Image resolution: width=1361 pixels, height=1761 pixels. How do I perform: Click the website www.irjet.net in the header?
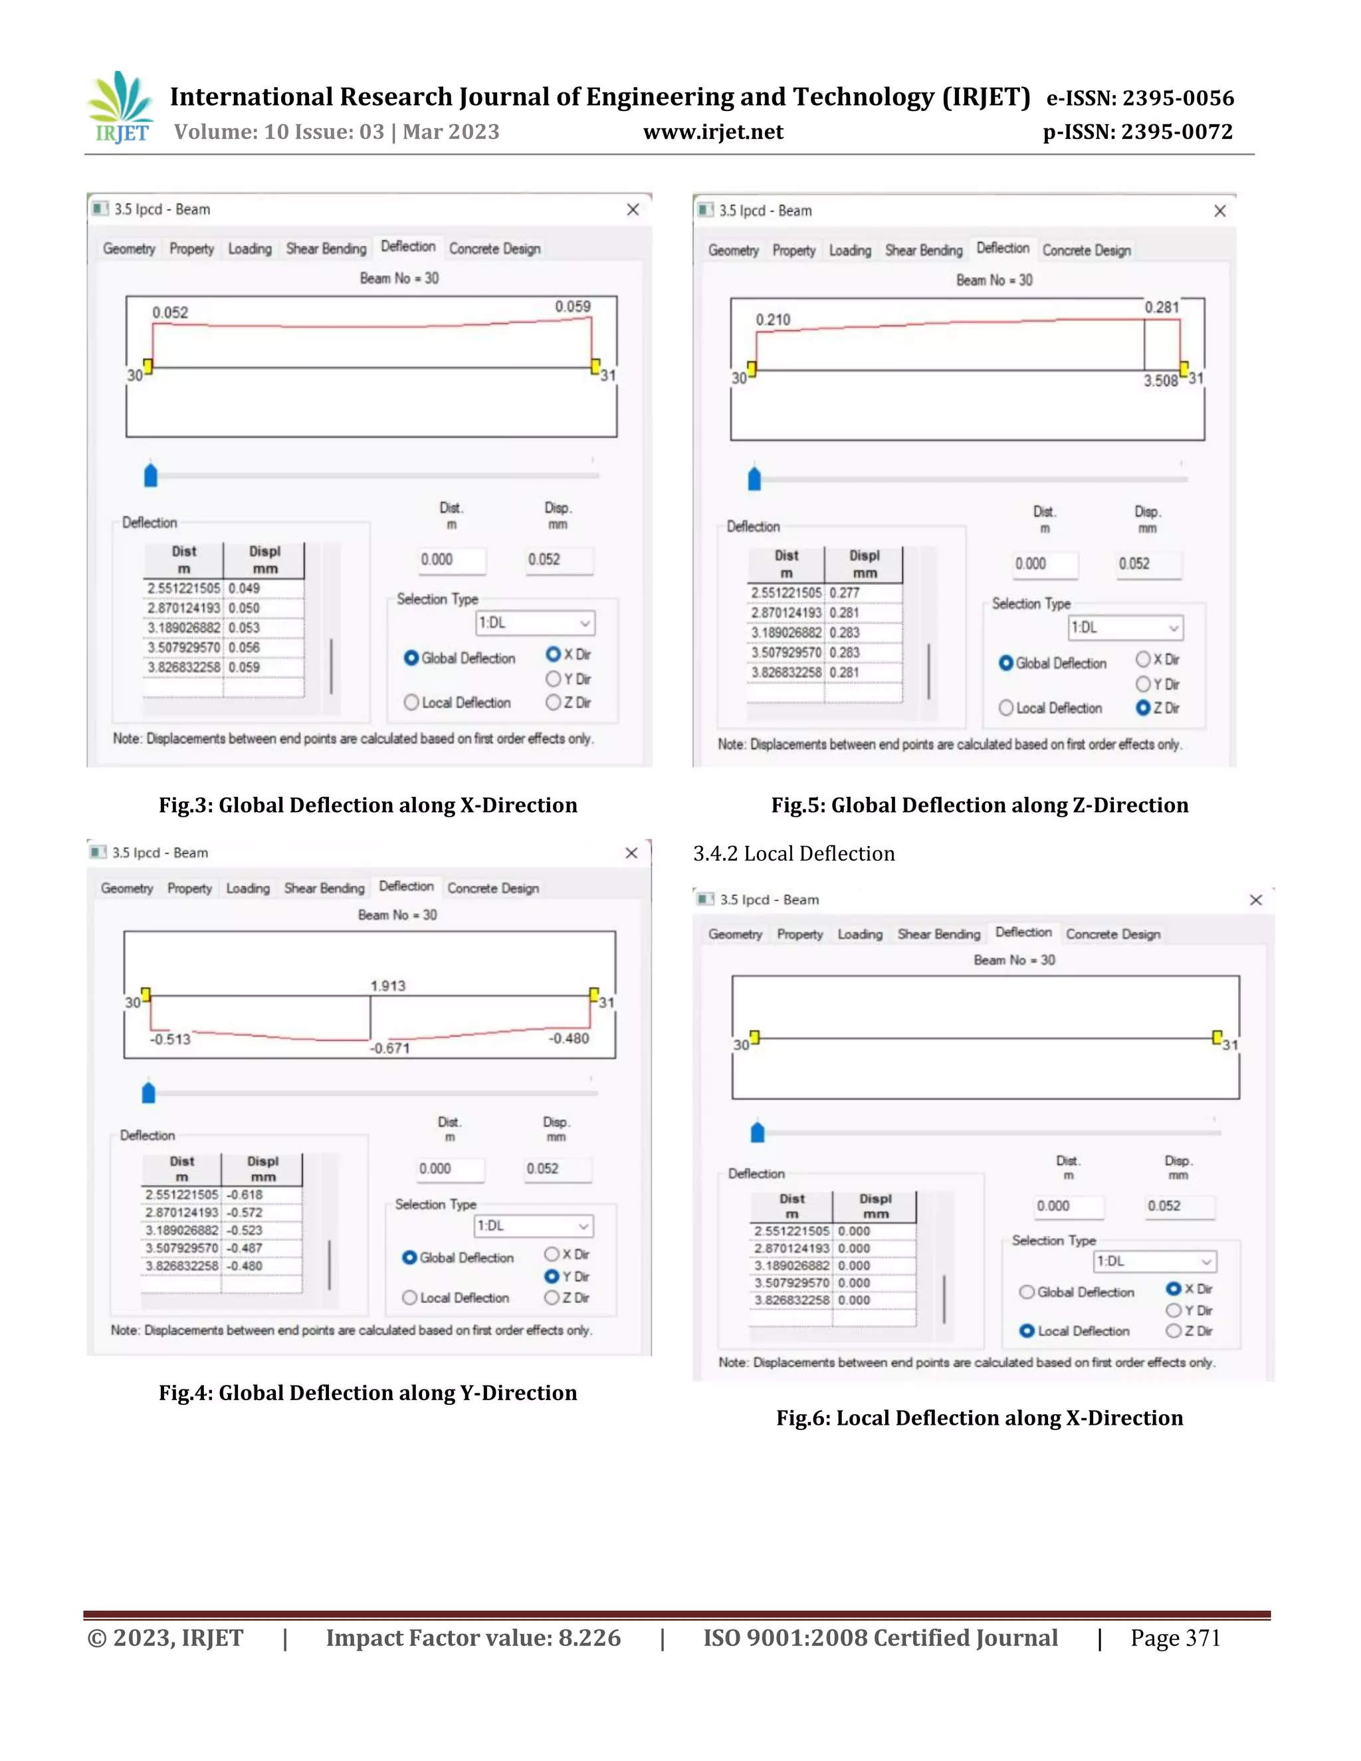tap(713, 132)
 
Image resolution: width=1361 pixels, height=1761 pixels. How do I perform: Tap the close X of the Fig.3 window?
tap(633, 209)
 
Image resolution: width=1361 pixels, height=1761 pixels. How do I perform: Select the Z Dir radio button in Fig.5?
tap(1142, 708)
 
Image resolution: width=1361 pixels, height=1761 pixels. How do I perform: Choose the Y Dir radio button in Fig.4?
tap(552, 1277)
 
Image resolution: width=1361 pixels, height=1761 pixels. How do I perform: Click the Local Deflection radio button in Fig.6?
tap(1027, 1331)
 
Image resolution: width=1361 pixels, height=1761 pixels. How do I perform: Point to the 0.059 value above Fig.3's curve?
tap(572, 306)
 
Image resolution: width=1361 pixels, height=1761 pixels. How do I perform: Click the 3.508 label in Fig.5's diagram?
tap(1160, 381)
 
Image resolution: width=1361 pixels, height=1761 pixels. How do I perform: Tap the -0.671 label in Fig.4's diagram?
tap(390, 1048)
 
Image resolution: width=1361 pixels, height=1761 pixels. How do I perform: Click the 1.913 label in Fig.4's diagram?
tap(388, 985)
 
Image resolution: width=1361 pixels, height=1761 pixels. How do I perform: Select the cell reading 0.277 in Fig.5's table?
tap(845, 593)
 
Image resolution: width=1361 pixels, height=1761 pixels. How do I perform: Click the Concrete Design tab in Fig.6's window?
tap(1112, 934)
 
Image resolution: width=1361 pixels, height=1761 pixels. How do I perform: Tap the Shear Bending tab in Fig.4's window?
tap(324, 888)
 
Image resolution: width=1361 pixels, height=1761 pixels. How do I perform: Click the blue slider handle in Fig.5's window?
tap(755, 478)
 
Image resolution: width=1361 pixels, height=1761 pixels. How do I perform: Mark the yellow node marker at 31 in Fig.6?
tap(1217, 1036)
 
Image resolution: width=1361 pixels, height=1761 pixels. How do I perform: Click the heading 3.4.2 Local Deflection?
tap(793, 853)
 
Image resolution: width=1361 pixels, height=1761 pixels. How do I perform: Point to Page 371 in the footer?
tap(1175, 1637)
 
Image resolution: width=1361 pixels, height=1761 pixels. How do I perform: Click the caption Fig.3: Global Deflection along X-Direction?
tap(367, 805)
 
